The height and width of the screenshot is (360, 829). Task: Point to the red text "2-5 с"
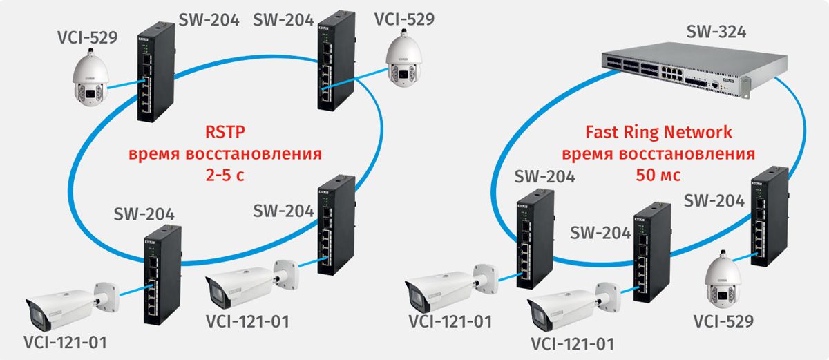(x=226, y=176)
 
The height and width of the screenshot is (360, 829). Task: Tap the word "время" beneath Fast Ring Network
(x=589, y=153)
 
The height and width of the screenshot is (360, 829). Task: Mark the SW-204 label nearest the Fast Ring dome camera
(x=714, y=200)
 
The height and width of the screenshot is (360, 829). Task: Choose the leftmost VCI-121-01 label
(x=65, y=341)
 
